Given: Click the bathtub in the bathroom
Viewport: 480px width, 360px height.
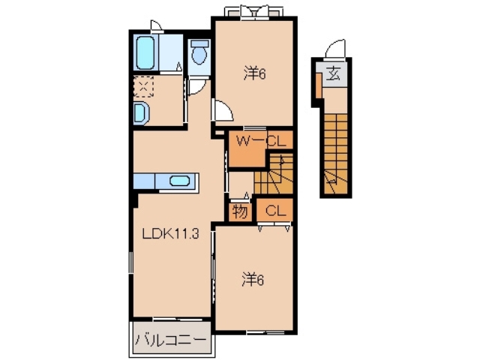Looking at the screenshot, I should coord(145,52).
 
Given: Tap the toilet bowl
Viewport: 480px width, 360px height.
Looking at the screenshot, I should coord(199,55).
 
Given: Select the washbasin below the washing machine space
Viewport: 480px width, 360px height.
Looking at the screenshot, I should coord(142,113).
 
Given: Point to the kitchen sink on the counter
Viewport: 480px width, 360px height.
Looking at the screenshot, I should coord(179,181).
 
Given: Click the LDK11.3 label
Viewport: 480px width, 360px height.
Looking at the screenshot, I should coord(170,234).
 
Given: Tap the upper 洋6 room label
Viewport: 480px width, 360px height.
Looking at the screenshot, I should coord(253,73).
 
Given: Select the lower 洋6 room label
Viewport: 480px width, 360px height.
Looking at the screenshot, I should coord(253,280).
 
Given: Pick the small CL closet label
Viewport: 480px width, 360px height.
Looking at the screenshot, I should coord(274,211).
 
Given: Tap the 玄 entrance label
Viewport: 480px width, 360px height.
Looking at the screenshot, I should coord(333,73).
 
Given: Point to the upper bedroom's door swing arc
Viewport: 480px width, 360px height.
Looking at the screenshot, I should coord(223,112).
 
